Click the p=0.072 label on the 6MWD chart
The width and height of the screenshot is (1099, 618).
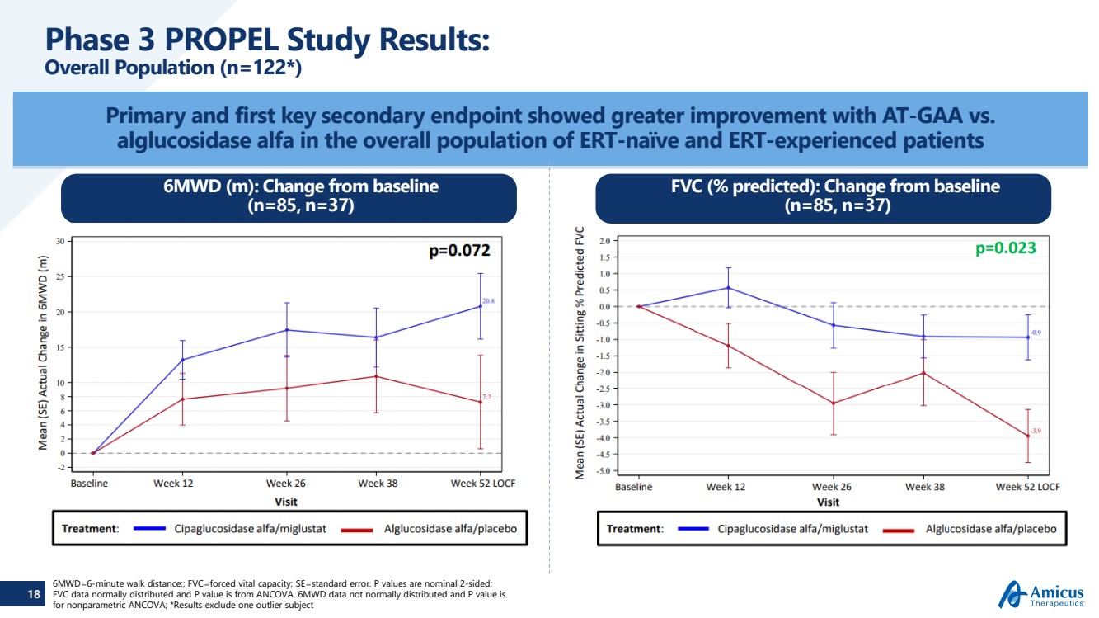coord(460,251)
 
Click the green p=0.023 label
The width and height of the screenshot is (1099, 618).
coord(1005,248)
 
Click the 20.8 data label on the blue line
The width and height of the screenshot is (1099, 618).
coord(488,301)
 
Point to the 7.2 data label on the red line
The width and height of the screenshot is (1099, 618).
coord(486,397)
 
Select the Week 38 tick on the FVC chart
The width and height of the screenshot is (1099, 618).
coord(924,487)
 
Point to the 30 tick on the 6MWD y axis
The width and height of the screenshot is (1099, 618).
coord(59,241)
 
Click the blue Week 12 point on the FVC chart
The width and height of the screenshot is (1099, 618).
coord(728,288)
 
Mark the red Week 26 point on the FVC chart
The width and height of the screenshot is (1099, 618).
coord(833,403)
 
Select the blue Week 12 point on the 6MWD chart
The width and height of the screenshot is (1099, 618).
coord(182,360)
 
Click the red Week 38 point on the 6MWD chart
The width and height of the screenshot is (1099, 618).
coord(376,376)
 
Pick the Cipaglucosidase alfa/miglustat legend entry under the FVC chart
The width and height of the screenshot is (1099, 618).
coord(792,528)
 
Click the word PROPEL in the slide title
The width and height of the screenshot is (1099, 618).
coord(218,40)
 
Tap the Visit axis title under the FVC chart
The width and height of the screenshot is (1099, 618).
coord(828,502)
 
